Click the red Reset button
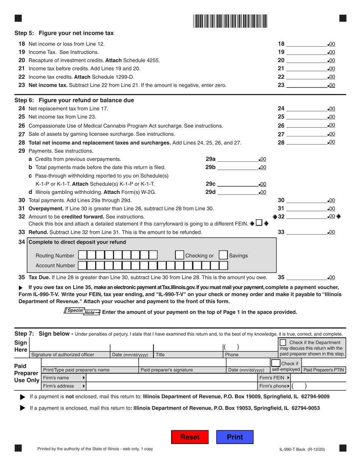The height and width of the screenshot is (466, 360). click(x=190, y=437)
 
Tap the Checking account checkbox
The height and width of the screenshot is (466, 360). click(x=179, y=255)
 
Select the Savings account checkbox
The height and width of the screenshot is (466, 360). click(x=224, y=255)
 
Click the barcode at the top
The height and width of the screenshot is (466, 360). click(x=230, y=21)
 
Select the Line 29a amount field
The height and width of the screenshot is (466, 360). click(x=237, y=159)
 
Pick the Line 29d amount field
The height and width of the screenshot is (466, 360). click(x=237, y=192)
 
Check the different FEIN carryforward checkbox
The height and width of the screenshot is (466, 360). click(x=258, y=224)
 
